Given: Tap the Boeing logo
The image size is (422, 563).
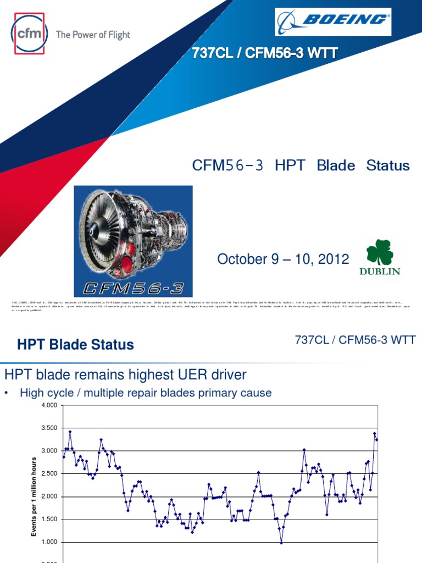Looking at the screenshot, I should (333, 21).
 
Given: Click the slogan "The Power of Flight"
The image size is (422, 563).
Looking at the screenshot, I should (93, 35).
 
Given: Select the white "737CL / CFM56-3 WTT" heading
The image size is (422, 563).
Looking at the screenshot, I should (264, 53).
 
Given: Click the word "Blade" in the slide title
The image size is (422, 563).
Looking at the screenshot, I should (335, 165).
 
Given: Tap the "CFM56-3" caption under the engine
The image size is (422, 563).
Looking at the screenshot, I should (134, 287).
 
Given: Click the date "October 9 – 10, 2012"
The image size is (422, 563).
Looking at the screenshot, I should (284, 259).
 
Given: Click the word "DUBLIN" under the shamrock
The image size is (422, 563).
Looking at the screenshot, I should (380, 271).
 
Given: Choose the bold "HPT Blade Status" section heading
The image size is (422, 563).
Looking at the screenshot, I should (75, 345).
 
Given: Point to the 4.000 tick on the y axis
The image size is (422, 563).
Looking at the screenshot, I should (49, 406).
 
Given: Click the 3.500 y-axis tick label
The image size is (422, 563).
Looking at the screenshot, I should (49, 428).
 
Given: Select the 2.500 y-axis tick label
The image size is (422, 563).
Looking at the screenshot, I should (49, 474).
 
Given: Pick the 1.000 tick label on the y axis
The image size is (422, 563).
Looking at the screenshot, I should (49, 543).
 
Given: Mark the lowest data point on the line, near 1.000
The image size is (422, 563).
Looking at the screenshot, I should (281, 543).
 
